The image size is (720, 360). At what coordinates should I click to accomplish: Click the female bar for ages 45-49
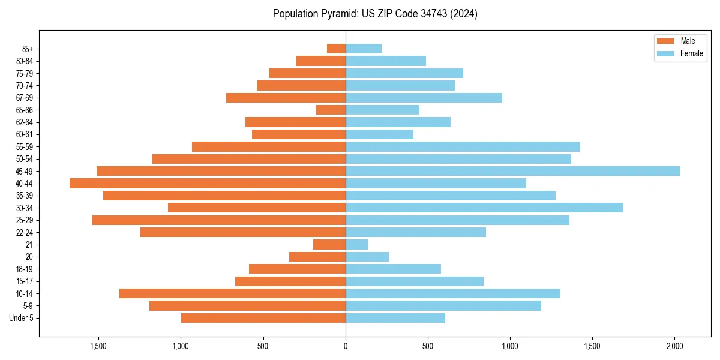[513, 171]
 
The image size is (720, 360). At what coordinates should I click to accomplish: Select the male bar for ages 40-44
[208, 184]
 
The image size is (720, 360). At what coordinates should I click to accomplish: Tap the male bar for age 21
[329, 245]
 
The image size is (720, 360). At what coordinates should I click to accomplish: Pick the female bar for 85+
[364, 49]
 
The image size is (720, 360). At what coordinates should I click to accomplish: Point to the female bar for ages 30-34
[484, 208]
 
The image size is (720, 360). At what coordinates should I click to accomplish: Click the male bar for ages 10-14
[232, 293]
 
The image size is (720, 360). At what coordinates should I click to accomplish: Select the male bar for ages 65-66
[331, 110]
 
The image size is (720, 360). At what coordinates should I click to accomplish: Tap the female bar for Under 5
[395, 318]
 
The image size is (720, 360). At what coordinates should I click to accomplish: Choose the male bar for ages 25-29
[219, 220]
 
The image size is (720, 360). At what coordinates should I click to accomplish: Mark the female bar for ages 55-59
[463, 146]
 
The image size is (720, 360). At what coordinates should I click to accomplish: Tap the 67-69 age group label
[25, 98]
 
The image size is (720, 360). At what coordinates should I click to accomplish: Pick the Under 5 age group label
[22, 318]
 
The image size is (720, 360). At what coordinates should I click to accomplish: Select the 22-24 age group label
[25, 233]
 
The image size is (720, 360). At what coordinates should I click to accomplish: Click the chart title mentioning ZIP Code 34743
[375, 14]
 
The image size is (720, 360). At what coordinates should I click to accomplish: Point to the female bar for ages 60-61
[379, 134]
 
